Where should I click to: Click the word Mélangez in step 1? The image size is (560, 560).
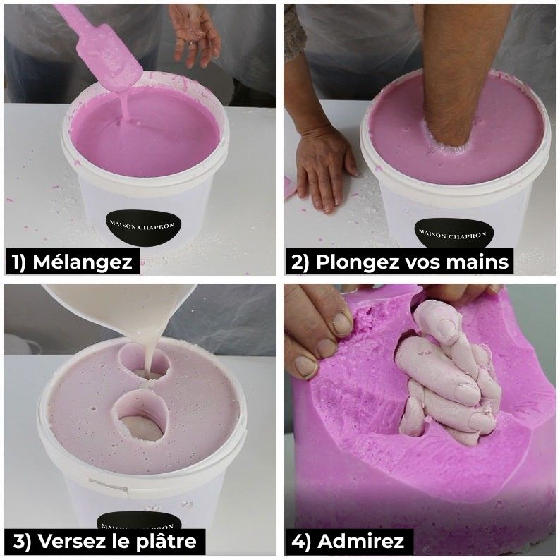pos(83,262)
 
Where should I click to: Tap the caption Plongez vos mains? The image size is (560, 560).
pos(400,262)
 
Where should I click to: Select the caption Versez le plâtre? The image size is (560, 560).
pos(104,541)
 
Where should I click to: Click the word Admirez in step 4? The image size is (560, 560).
pos(360,541)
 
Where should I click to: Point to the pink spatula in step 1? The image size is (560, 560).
pos(100,47)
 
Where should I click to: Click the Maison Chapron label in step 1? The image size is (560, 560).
pos(143,228)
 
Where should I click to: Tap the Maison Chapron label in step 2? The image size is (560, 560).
pos(453,236)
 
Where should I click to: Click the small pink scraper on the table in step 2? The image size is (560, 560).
pos(290,188)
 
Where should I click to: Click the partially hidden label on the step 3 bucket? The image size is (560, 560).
pos(140,521)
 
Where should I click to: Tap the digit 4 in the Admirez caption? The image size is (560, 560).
pos(298,542)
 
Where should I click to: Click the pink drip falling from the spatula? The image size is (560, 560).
pos(126,107)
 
